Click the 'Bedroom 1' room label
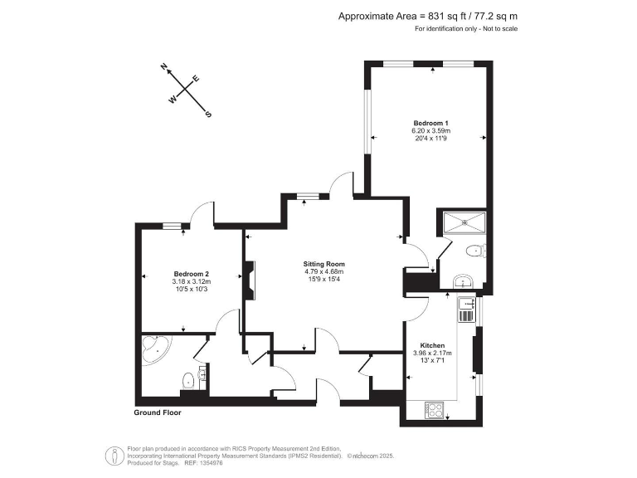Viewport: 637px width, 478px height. [430, 123]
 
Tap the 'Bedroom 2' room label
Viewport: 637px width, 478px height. [191, 274]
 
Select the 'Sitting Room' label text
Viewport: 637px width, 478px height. [323, 264]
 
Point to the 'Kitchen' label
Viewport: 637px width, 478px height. [432, 345]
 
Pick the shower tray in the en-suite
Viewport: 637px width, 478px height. [464, 221]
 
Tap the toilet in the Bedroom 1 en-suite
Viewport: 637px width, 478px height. [475, 251]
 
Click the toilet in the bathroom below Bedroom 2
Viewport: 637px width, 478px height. [188, 380]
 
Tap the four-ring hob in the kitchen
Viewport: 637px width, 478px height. [435, 408]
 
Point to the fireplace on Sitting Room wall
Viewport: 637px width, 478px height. [249, 279]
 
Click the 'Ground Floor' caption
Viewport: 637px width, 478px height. [158, 412]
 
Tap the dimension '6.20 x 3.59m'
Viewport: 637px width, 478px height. [430, 130]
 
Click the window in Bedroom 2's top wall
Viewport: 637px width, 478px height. [172, 224]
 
